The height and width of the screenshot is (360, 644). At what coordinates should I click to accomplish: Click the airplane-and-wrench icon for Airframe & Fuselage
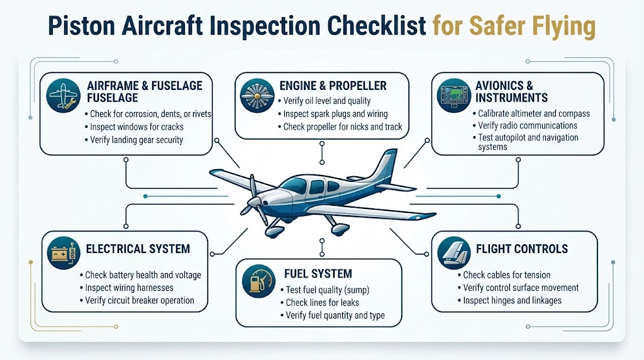tap(64, 96)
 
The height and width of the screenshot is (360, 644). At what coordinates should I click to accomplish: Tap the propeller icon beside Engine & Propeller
tap(257, 96)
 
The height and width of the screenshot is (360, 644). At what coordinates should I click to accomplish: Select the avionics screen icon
tap(454, 96)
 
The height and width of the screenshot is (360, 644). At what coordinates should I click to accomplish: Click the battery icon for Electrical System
tap(64, 253)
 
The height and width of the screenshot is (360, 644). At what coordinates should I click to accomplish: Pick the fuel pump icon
tap(258, 281)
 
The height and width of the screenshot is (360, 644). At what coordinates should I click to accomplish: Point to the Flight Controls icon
tap(454, 253)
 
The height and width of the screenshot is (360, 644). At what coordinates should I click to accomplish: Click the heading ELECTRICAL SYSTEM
tap(138, 249)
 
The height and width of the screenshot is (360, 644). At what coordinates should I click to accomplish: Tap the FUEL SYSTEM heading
tap(318, 274)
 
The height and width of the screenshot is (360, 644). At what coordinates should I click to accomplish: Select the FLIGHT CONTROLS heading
tap(521, 249)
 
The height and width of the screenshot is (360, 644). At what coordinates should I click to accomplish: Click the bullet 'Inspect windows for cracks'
tap(135, 127)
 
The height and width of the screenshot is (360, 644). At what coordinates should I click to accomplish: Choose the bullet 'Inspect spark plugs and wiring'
tap(333, 114)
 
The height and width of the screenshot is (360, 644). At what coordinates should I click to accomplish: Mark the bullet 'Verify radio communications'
tap(525, 125)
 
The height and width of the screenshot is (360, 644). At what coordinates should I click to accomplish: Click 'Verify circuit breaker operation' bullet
tap(137, 300)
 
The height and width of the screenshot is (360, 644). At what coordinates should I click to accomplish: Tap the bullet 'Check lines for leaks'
tap(320, 303)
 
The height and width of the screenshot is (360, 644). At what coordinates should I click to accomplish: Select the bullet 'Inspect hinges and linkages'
tap(509, 300)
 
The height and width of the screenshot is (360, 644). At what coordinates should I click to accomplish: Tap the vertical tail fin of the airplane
tap(385, 164)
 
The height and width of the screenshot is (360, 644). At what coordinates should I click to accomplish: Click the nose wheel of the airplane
tap(272, 232)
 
